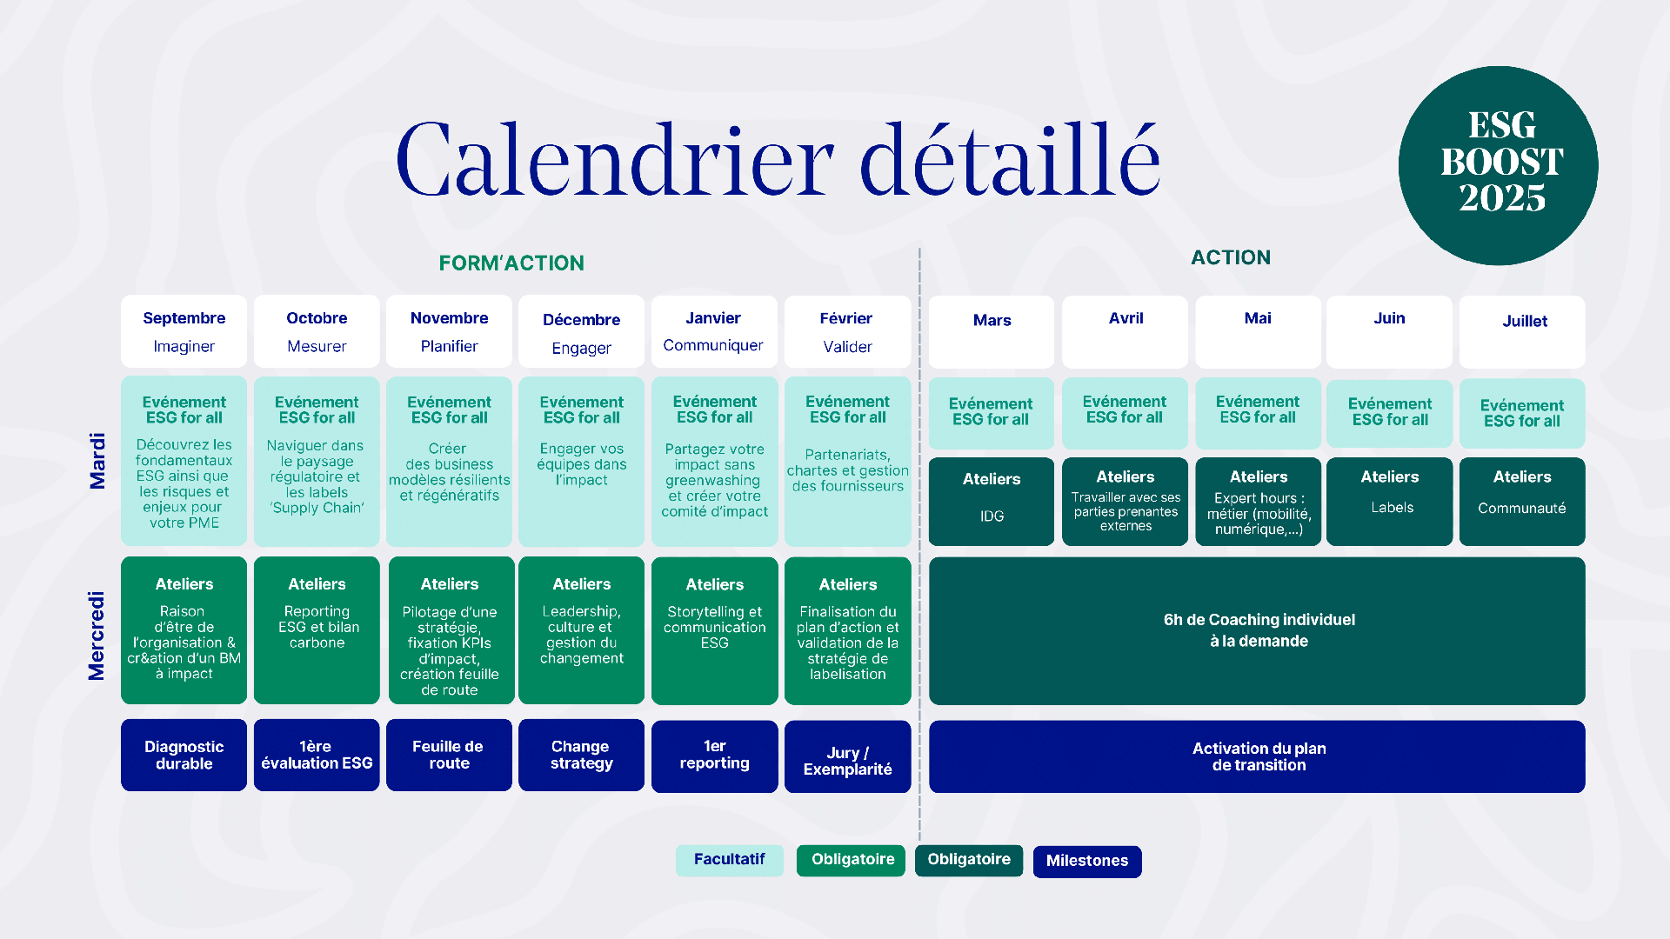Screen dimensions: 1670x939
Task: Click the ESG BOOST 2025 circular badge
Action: (x=1498, y=165)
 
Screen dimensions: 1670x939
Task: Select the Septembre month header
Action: (x=184, y=331)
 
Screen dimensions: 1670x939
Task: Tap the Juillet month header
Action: (x=1522, y=331)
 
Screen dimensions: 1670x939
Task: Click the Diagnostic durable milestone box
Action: (x=184, y=755)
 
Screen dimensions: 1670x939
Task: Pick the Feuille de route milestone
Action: (x=449, y=755)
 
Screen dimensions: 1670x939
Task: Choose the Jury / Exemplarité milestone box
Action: (x=847, y=756)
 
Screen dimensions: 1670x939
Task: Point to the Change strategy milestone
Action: (x=581, y=755)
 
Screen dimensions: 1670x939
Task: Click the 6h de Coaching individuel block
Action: (x=1257, y=630)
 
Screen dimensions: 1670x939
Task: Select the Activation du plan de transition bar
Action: (x=1257, y=756)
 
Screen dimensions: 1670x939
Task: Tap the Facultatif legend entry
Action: (x=730, y=860)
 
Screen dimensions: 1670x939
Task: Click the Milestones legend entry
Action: (x=1087, y=861)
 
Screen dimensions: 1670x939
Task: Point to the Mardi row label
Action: (x=97, y=461)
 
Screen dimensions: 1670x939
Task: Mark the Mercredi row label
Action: (x=97, y=636)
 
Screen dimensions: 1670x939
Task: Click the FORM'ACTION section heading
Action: (x=511, y=263)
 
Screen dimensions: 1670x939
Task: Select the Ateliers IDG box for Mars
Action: (x=992, y=502)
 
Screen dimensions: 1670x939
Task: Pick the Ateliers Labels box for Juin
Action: (x=1389, y=502)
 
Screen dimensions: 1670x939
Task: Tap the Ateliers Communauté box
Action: (x=1522, y=502)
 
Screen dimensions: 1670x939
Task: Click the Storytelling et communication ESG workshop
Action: (x=714, y=630)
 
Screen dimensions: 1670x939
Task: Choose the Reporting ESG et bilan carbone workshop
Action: (x=317, y=630)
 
